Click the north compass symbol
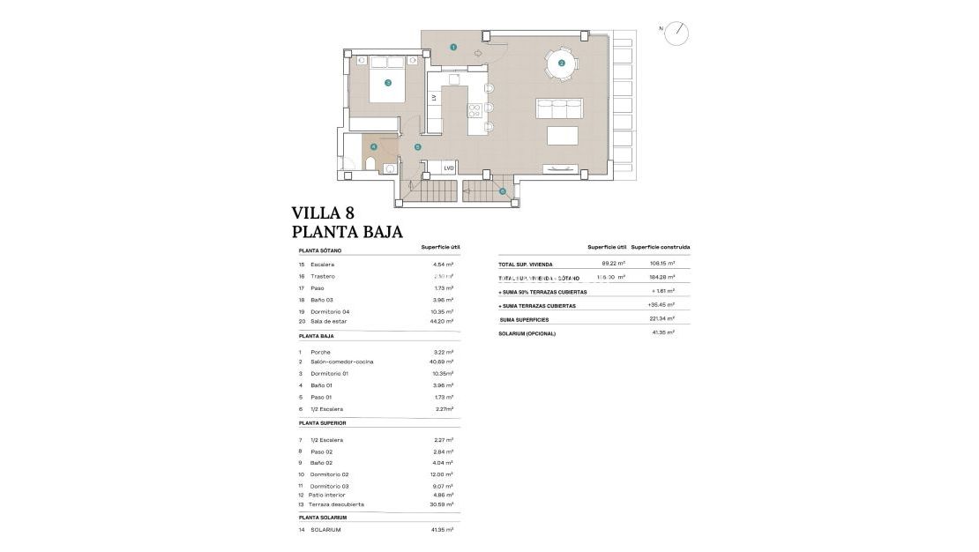click(x=677, y=34)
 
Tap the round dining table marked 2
click(x=561, y=63)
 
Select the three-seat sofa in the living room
click(x=559, y=108)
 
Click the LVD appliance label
click(x=448, y=168)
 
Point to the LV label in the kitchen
click(x=434, y=98)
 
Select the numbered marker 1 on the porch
click(x=453, y=48)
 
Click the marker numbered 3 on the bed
click(x=387, y=83)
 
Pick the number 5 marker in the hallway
click(x=418, y=147)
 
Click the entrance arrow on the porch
click(x=478, y=54)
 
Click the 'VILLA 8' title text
click(x=323, y=213)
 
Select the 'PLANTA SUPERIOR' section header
click(x=321, y=423)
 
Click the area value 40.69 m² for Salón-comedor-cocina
click(x=437, y=362)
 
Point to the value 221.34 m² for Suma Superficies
click(x=661, y=318)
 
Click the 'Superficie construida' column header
click(x=661, y=247)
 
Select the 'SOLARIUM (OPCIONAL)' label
click(x=527, y=333)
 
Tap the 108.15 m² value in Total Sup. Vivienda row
click(x=661, y=263)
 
